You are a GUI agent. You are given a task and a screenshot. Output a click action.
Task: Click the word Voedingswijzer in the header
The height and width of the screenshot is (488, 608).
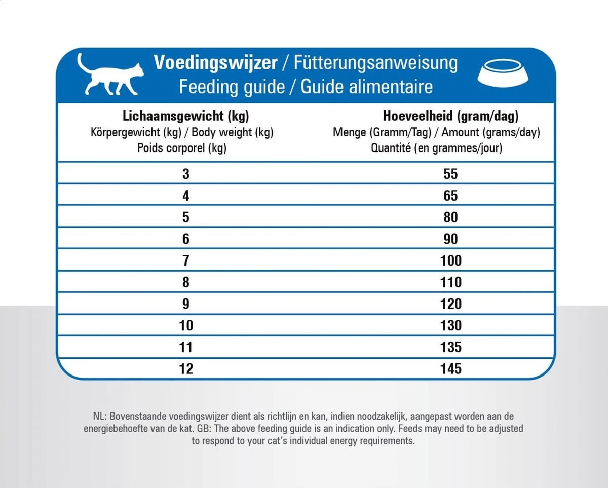tap(215, 63)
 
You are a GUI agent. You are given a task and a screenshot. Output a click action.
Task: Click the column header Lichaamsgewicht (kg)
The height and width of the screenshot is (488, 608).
tap(185, 116)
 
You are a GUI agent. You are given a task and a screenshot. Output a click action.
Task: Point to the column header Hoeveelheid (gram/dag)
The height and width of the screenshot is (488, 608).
tap(450, 116)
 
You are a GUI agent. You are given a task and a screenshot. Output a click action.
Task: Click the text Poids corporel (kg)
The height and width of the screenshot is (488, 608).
tap(181, 148)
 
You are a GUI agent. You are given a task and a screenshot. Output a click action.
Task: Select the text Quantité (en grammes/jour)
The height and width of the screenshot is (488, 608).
tap(436, 148)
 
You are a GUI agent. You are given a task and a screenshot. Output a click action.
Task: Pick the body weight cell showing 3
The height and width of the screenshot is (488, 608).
tap(186, 174)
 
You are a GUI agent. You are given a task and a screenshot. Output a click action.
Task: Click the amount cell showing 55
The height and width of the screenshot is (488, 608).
tap(450, 174)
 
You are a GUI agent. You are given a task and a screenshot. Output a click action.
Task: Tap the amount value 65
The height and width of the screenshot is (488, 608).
tap(450, 196)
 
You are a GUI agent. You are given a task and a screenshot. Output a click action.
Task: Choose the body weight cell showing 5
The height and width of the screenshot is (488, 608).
tap(186, 217)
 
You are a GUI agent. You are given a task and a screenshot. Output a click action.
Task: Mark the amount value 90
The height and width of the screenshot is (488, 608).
tap(450, 239)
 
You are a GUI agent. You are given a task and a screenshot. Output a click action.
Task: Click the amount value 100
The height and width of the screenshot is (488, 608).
tap(450, 260)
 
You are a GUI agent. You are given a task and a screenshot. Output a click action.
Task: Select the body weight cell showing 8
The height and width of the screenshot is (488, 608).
tap(186, 282)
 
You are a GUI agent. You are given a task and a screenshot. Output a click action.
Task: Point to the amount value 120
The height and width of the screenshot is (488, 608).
tap(450, 304)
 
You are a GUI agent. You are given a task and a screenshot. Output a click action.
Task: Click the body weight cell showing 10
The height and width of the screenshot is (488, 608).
tap(186, 325)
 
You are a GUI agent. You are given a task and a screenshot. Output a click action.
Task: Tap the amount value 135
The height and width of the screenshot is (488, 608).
tap(450, 347)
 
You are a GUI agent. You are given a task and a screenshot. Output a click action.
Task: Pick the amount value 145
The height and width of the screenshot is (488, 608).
tap(450, 368)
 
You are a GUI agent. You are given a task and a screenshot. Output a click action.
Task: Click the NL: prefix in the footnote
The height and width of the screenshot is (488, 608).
tap(100, 417)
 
